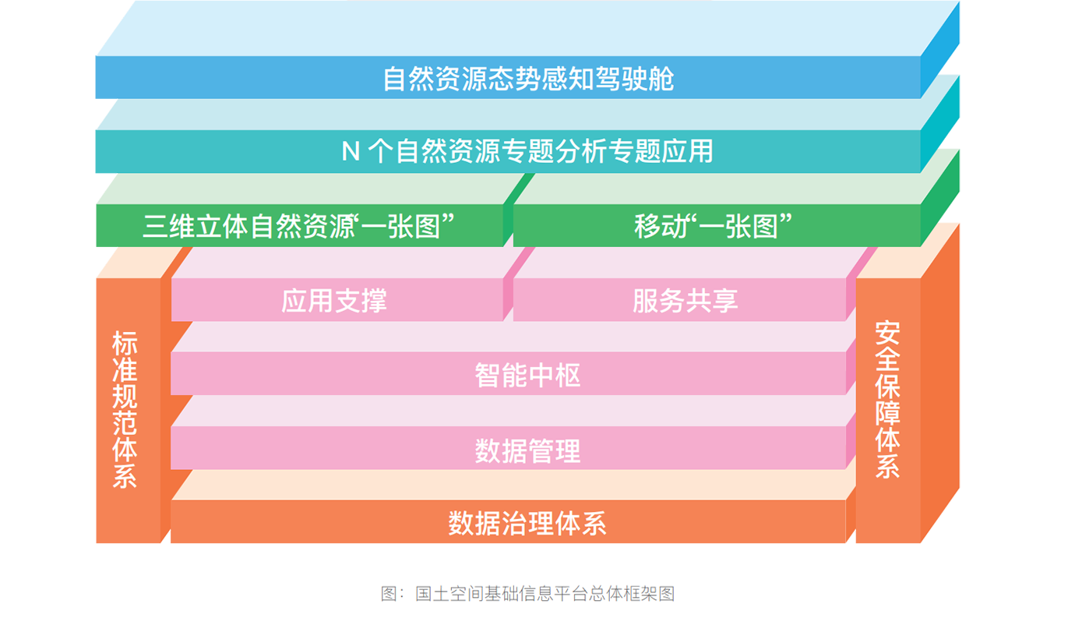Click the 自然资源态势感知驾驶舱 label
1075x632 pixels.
point(528,79)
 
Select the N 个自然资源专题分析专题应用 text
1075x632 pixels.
point(528,150)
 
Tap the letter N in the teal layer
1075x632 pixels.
point(351,151)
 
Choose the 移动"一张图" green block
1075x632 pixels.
point(713,227)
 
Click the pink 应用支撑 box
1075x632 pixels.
point(334,301)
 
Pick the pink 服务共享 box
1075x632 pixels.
point(685,301)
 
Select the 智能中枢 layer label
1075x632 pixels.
point(528,376)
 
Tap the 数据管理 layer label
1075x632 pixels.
point(528,450)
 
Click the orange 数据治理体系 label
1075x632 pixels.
point(527,523)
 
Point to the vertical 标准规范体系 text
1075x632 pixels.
point(125,410)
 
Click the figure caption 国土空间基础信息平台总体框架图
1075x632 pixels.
point(544,594)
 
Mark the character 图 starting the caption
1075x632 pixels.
point(389,594)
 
